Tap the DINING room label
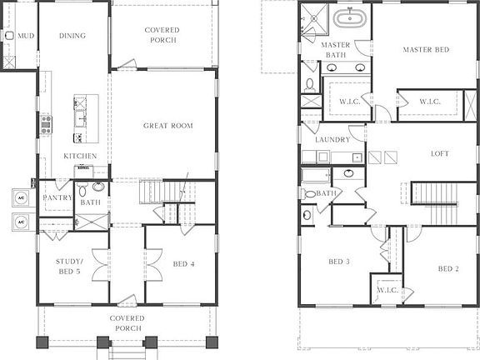[73, 36]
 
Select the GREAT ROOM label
[167, 126]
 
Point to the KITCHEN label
[80, 156]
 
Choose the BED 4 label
[184, 265]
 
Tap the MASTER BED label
[426, 50]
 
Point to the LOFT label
[439, 153]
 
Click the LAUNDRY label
[332, 140]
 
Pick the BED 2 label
[448, 268]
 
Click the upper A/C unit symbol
[22, 198]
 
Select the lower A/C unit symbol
[22, 222]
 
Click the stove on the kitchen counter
[46, 124]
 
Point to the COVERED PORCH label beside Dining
[162, 35]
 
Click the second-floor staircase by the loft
[434, 193]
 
